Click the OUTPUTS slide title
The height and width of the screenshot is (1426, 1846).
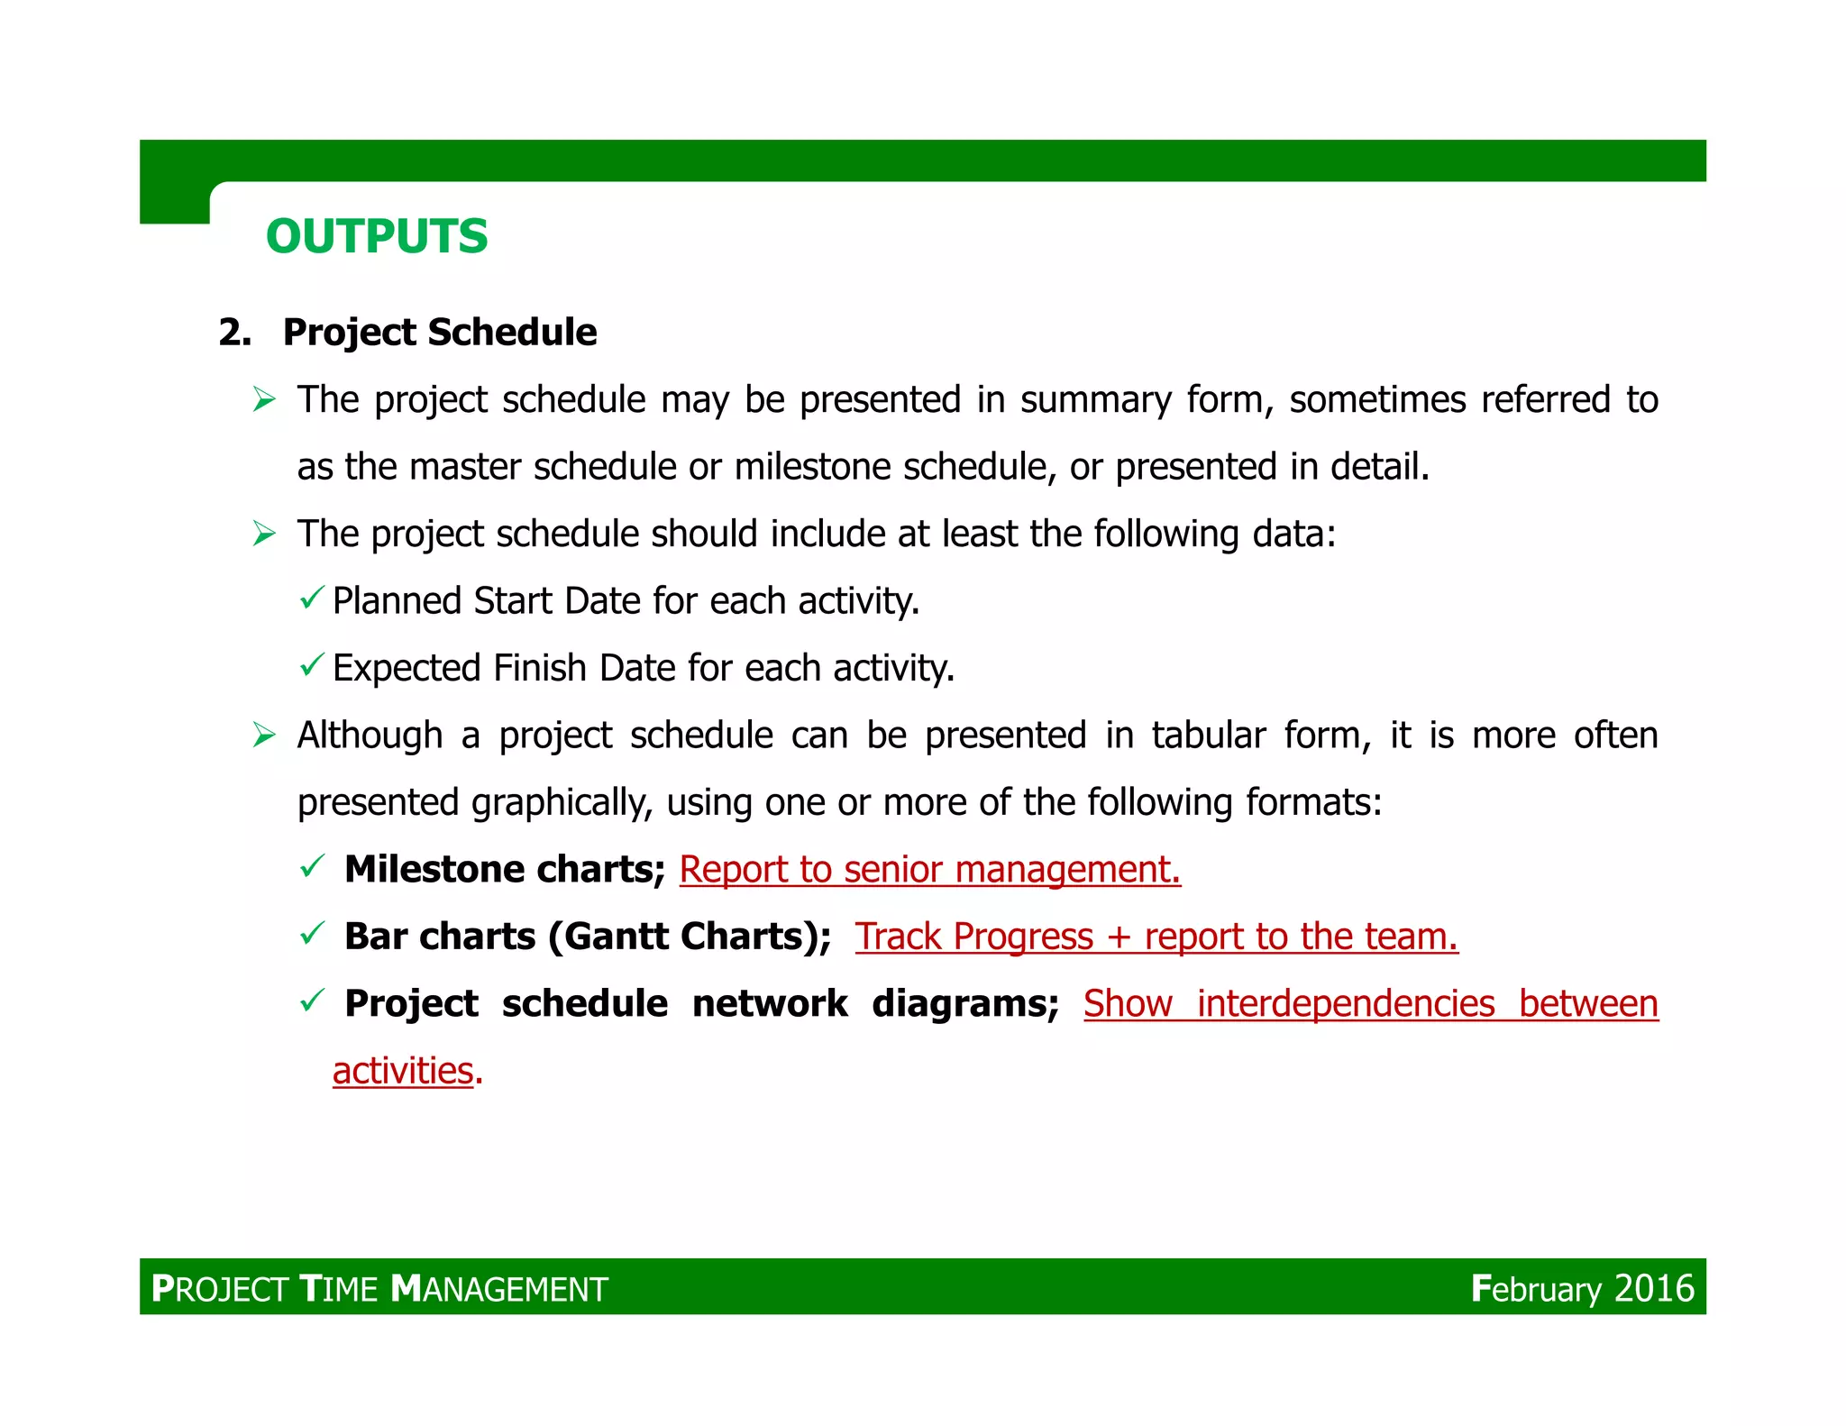(376, 236)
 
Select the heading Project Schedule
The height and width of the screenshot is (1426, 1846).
(439, 332)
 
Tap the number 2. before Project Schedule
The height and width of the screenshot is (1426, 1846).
(234, 333)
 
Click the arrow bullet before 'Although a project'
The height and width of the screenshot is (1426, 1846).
(264, 736)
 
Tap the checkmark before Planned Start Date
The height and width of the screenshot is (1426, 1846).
(311, 598)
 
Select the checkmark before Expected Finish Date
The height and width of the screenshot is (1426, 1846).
(311, 665)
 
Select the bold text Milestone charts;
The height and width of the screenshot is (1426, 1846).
(504, 869)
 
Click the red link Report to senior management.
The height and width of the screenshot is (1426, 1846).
(929, 869)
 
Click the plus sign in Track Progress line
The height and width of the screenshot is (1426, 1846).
(1119, 937)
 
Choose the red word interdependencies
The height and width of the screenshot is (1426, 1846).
(1345, 1003)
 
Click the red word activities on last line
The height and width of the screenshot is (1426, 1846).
(403, 1071)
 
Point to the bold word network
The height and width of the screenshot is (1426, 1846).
(769, 1003)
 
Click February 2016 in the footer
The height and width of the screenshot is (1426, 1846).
(1582, 1288)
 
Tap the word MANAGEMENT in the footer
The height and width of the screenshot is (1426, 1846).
(500, 1289)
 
